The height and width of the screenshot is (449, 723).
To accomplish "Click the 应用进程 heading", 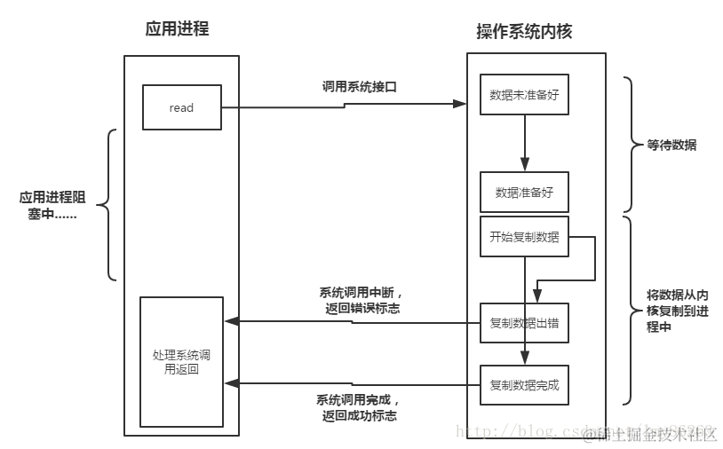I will click(177, 28).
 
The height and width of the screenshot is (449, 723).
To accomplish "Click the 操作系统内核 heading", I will click(524, 31).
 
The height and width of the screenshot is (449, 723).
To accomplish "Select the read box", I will click(181, 107).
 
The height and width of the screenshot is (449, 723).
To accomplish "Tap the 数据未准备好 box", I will click(524, 94).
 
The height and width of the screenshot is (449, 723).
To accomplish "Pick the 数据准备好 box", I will click(524, 192).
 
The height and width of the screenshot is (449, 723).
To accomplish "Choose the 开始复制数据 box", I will click(524, 237).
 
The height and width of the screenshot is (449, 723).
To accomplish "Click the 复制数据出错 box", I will click(524, 323).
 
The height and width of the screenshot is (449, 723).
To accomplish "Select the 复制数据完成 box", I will click(524, 386).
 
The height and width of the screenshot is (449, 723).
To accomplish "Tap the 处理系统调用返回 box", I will click(181, 361).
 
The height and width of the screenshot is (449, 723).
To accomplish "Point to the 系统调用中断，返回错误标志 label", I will click(360, 300).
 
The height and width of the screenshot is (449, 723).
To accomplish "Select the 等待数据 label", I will click(671, 145).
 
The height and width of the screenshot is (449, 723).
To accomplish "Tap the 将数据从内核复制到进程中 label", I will click(677, 310).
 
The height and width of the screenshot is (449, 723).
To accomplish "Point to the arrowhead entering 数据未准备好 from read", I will click(460, 104).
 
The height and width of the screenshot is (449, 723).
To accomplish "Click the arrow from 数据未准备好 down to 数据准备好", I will click(525, 142).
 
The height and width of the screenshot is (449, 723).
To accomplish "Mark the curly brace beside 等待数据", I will click(630, 145).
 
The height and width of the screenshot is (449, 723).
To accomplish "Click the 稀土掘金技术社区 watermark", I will click(653, 434).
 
